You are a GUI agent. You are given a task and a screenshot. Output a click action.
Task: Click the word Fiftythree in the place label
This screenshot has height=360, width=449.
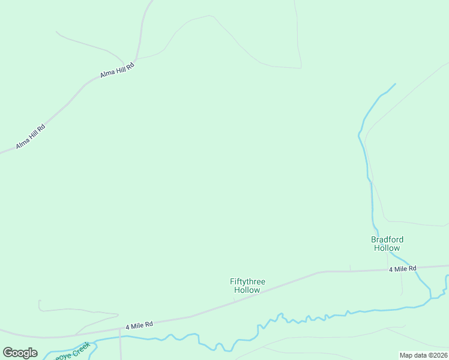point(247,281)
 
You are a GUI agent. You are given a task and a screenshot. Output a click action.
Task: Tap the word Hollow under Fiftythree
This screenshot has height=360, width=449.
point(247,290)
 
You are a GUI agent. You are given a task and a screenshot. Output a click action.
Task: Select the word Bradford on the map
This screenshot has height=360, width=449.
point(387,239)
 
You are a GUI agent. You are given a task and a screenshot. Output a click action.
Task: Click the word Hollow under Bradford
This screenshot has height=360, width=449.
point(387,248)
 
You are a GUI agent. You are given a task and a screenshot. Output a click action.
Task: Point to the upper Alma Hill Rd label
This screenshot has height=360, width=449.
point(116,70)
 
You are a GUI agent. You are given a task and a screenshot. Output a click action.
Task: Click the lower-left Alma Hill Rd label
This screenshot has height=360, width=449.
point(31,137)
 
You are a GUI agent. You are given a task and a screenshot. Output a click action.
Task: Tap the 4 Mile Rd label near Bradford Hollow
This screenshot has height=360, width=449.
point(402,269)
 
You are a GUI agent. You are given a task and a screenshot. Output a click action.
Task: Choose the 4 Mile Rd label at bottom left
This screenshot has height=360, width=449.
point(139,325)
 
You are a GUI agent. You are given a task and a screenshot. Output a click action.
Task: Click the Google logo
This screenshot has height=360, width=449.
point(20,352)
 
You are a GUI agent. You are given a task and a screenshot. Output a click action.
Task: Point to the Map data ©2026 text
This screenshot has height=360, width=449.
point(423,355)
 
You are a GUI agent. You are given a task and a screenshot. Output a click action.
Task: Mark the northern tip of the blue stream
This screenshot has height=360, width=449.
point(395,84)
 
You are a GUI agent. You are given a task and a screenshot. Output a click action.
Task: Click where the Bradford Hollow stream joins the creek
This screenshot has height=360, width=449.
point(430,296)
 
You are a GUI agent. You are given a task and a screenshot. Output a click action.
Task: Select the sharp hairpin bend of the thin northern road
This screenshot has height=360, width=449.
point(301,67)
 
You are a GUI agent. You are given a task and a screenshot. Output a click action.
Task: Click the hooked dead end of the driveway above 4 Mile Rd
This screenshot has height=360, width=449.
point(39,301)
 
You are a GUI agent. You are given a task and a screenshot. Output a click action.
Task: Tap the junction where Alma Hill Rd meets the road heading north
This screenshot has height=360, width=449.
point(136,59)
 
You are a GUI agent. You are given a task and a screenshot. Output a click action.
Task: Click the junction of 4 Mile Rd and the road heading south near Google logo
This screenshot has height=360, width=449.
point(119,329)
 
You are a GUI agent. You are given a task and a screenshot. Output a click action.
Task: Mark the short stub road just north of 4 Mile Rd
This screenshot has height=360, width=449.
point(351,268)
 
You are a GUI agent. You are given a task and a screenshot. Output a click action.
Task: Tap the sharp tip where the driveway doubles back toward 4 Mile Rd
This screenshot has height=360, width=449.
point(118,314)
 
